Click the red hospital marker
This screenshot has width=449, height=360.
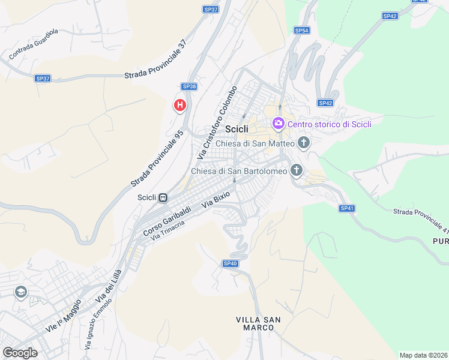point(179,106)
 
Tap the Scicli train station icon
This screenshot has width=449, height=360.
point(163,197)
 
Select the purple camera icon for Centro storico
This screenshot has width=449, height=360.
point(278,124)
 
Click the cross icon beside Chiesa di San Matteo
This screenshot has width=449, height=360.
point(304,143)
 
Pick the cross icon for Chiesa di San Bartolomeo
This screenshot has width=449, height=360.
point(296,171)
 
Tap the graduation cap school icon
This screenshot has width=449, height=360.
point(21,292)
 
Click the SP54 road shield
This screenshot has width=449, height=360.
point(301,30)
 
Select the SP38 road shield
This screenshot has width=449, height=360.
point(189,86)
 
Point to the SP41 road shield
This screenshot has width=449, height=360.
point(347,208)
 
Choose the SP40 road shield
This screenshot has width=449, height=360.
point(231,263)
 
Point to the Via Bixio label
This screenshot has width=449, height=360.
point(215,200)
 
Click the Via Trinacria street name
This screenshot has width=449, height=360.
point(167,230)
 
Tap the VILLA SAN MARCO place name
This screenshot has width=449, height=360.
point(258,323)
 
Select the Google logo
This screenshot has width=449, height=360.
point(20,353)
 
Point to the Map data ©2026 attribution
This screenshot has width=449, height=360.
point(424,355)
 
